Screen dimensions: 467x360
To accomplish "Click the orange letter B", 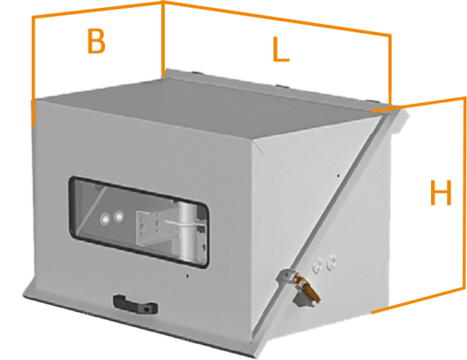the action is coord(96,42).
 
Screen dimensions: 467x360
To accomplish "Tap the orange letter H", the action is coord(440,194).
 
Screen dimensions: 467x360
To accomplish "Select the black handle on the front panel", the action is coord(133,304).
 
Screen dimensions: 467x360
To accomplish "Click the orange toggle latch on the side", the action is coord(307,288).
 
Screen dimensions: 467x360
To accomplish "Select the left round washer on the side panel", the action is coord(318,266).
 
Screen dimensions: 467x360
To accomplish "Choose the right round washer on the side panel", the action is coord(332,263).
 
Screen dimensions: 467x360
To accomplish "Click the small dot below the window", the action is coord(187,277).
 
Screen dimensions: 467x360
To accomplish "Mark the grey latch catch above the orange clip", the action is coord(287,276).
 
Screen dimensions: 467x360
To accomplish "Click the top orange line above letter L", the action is coord(275,18).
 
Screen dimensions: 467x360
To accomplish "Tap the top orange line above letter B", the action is coord(99,10).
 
